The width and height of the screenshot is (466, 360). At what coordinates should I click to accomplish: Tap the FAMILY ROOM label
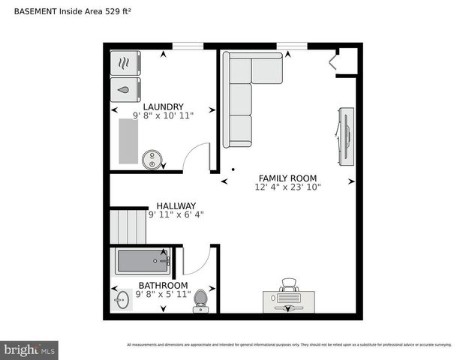287,178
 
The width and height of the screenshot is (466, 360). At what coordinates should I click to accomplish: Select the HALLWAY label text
176,205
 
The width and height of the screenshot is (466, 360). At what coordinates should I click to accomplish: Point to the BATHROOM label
163,285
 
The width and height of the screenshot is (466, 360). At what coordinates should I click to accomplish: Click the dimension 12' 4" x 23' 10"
287,187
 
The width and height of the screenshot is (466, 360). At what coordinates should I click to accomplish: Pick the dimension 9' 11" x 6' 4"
176,214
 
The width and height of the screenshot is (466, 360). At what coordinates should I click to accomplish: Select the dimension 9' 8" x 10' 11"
163,116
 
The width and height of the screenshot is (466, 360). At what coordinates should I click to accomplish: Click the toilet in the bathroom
200,300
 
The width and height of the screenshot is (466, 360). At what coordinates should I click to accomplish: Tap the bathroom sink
123,301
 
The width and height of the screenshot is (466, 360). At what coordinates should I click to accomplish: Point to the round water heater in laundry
152,159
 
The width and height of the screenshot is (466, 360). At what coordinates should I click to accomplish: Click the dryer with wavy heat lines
125,63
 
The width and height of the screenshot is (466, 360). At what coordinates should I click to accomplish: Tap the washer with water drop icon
125,89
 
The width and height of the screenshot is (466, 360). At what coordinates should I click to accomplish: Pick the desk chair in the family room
288,285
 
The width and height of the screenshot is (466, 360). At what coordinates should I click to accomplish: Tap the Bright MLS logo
29,349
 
